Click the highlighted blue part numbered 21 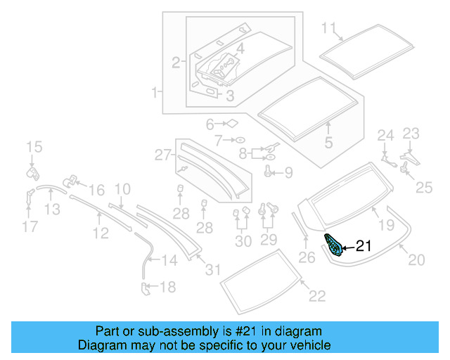click(333, 246)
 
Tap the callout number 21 click(363, 246)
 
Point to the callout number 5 click(328, 143)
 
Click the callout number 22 click(317, 295)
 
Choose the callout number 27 click(163, 154)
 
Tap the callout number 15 click(34, 147)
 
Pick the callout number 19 click(387, 225)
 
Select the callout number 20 click(416, 260)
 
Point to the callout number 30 click(243, 241)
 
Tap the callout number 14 click(169, 261)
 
